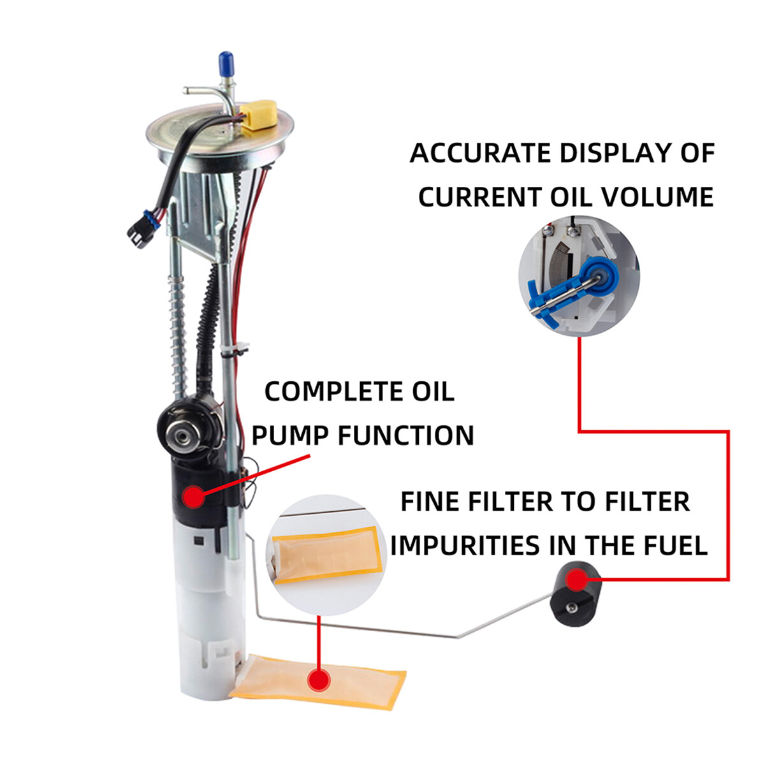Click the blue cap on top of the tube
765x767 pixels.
click(226, 64)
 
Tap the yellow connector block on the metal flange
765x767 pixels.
click(258, 115)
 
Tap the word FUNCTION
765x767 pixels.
click(405, 435)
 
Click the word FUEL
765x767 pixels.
click(676, 545)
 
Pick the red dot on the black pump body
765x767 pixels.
click(193, 496)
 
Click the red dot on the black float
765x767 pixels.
click(577, 579)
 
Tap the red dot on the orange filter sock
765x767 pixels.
click(319, 679)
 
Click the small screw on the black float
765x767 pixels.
click(572, 606)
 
